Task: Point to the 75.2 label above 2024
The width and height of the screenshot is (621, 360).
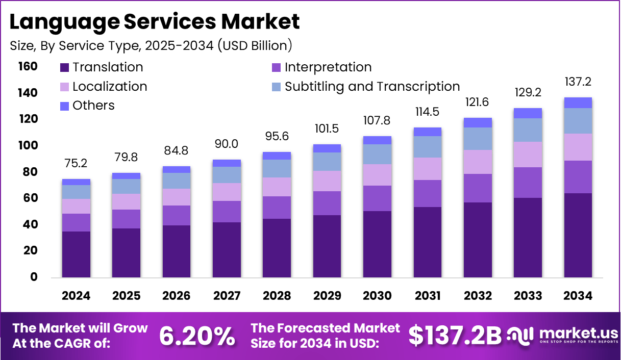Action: [x=76, y=163]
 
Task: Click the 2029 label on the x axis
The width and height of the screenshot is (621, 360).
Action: [x=327, y=296]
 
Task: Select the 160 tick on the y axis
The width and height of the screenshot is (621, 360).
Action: [x=28, y=66]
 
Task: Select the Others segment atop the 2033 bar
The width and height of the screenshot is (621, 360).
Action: [x=528, y=113]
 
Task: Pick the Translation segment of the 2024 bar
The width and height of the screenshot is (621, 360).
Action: [x=76, y=254]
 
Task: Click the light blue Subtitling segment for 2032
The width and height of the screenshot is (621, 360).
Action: [x=478, y=139]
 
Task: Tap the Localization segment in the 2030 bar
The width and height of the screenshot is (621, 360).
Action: [x=377, y=175]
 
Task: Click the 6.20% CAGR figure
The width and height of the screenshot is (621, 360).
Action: [x=197, y=336]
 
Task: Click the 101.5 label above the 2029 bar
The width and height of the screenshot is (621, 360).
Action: [x=327, y=128]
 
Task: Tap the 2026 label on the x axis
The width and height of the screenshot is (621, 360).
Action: [x=176, y=296]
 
